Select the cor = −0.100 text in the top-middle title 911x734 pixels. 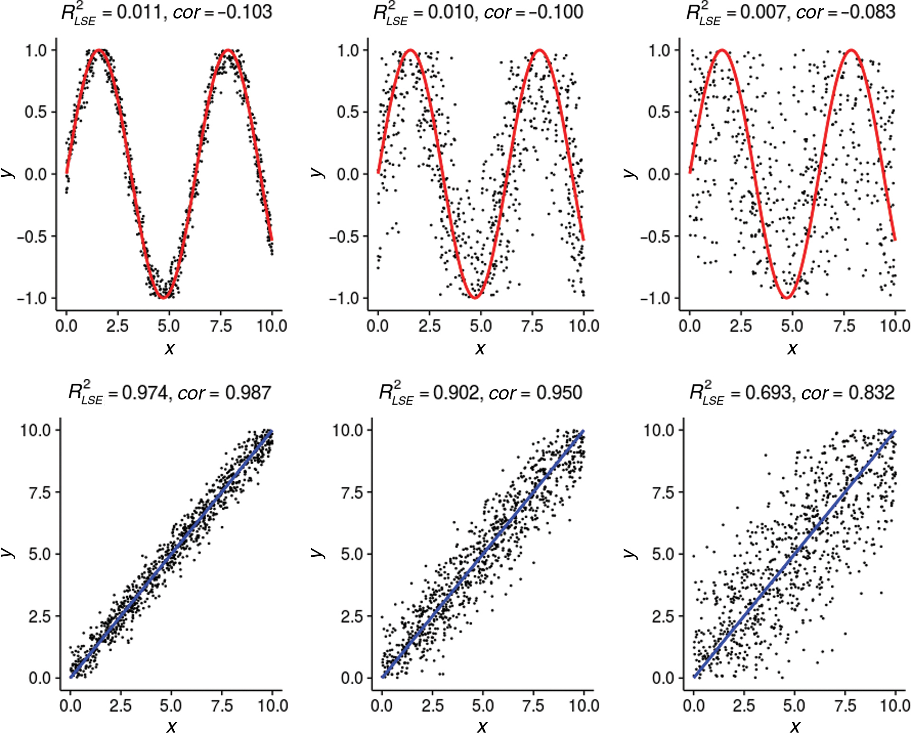[533, 11]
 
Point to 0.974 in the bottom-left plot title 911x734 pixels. [145, 392]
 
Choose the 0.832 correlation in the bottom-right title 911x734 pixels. [871, 392]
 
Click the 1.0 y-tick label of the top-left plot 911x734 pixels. [36, 50]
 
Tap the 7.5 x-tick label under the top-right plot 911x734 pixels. [844, 326]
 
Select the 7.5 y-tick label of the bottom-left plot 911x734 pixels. [39, 492]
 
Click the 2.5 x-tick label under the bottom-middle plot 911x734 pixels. [432, 705]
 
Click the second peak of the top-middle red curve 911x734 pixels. [540, 50]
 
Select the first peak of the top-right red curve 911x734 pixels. [722, 50]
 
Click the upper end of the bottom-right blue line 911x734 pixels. [895, 431]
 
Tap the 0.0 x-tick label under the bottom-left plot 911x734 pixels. [70, 705]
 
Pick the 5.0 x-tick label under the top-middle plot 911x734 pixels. [481, 326]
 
